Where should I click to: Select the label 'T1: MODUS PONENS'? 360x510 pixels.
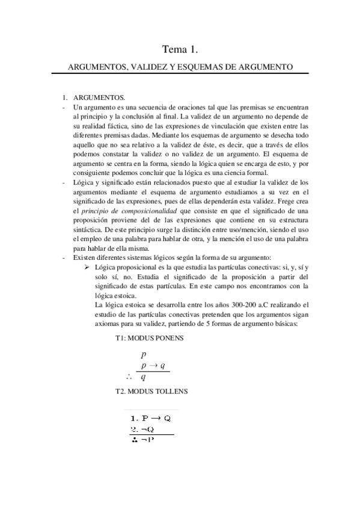click(x=150, y=338)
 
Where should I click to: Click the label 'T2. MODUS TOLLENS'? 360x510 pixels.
click(x=151, y=391)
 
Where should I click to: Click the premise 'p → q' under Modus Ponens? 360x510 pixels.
click(x=153, y=365)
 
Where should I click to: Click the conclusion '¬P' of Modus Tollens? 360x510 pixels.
click(x=147, y=440)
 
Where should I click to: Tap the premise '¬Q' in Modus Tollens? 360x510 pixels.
click(x=146, y=429)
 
